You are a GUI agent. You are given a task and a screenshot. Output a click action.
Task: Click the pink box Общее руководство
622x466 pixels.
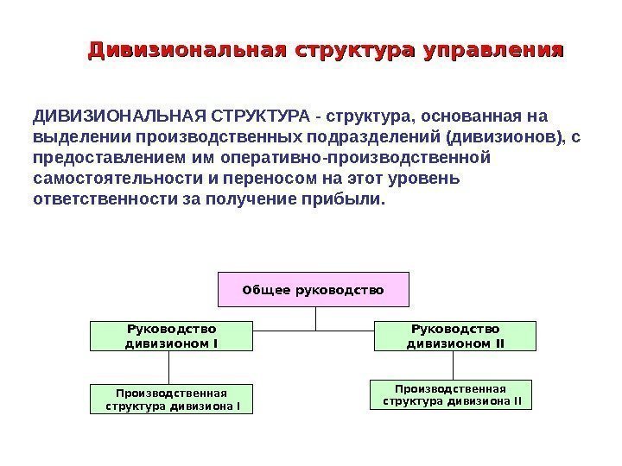tap(313, 291)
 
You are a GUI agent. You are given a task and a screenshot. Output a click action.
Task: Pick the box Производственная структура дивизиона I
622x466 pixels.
tap(172, 399)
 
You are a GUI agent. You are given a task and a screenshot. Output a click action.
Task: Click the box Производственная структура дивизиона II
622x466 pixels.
tap(451, 394)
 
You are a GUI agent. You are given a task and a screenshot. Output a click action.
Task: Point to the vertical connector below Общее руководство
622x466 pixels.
tap(316, 318)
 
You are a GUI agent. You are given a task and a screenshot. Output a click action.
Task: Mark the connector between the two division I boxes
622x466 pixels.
tap(172, 368)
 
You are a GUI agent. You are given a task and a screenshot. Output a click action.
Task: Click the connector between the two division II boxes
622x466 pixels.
tap(453, 365)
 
